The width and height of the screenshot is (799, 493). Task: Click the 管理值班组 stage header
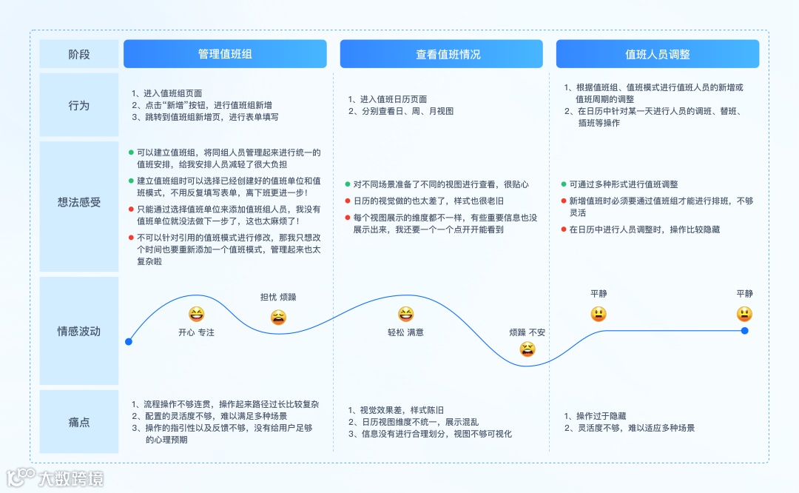pyautogui.click(x=225, y=54)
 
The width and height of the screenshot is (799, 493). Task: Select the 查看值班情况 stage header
pyautogui.click(x=442, y=54)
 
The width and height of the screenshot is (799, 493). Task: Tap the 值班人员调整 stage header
pyautogui.click(x=658, y=54)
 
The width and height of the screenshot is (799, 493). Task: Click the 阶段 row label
pyautogui.click(x=79, y=54)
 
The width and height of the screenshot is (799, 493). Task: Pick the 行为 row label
pyautogui.click(x=79, y=105)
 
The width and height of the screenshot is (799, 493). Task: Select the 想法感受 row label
pyautogui.click(x=79, y=202)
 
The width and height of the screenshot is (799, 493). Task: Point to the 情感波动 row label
pyautogui.click(x=79, y=331)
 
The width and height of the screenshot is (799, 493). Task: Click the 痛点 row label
pyautogui.click(x=79, y=422)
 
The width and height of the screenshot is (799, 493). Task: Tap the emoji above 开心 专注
pyautogui.click(x=196, y=314)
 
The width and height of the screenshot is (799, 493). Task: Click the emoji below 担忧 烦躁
pyautogui.click(x=278, y=318)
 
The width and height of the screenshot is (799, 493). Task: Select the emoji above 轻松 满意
pyautogui.click(x=405, y=314)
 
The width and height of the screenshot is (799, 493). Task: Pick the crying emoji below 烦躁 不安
pyautogui.click(x=527, y=349)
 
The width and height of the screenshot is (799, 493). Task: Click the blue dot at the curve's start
pyautogui.click(x=129, y=341)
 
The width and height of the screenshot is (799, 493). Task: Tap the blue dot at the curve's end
pyautogui.click(x=744, y=331)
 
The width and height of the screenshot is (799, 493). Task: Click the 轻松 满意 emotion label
pyautogui.click(x=405, y=332)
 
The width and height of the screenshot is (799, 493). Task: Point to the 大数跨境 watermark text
pyautogui.click(x=71, y=478)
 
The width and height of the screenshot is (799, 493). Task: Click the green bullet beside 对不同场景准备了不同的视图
pyautogui.click(x=347, y=184)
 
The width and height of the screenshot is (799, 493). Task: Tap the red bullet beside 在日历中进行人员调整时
pyautogui.click(x=564, y=229)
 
